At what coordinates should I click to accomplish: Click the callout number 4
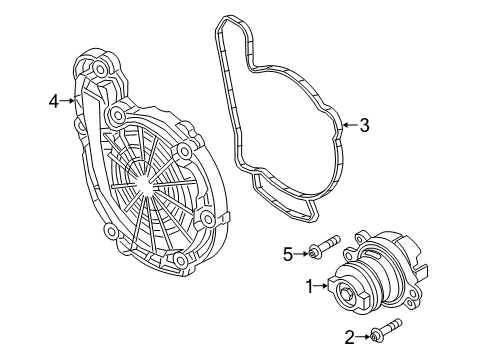(53, 100)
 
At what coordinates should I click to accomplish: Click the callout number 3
(364, 125)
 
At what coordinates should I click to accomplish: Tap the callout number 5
(287, 254)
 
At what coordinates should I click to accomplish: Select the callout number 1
(310, 286)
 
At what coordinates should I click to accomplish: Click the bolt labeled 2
(386, 331)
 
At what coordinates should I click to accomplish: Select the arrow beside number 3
(348, 125)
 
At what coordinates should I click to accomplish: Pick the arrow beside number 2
(364, 338)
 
